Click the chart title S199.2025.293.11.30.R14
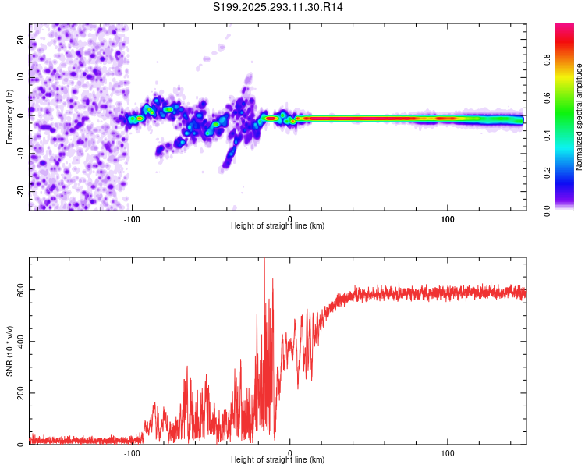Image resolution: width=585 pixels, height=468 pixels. tap(278, 7)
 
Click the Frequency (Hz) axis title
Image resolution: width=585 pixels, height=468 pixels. tap(9, 117)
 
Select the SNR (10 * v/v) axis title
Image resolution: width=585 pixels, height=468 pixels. tap(9, 351)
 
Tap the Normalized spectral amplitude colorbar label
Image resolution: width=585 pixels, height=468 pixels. tap(580, 117)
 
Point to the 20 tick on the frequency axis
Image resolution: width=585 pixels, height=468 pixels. tap(21, 39)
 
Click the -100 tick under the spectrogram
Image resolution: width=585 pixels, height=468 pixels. tap(133, 218)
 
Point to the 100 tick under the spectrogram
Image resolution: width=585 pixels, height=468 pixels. tap(448, 218)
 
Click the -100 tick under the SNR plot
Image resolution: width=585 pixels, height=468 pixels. tap(133, 452)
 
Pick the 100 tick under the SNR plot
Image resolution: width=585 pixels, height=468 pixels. tap(448, 452)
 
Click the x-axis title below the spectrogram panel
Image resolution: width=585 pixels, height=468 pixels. tap(278, 226)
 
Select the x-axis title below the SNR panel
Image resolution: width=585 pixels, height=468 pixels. tap(278, 460)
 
